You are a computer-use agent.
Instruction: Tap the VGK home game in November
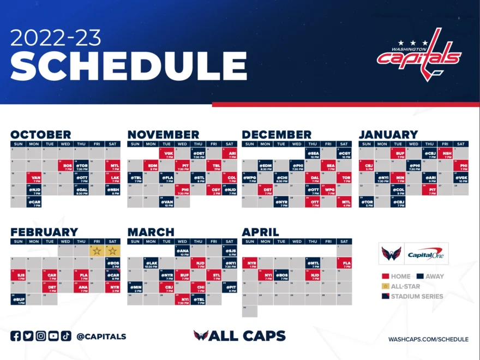coord(167,153)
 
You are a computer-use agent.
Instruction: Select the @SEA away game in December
coord(313,153)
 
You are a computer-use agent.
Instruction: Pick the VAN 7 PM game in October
coord(34,178)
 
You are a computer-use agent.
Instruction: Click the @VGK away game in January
coord(461,178)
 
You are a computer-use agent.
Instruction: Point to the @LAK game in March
coord(151,263)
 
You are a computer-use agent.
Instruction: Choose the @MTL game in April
coord(313,263)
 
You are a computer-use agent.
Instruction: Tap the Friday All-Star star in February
coord(97,251)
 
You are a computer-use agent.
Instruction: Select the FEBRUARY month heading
coord(44,232)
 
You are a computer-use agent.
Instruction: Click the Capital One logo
coord(425,254)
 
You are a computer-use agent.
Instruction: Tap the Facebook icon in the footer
coord(16,336)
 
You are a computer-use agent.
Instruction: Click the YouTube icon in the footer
coord(53,336)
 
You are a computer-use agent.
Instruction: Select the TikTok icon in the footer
coord(66,336)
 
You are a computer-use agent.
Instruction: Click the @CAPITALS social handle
coord(101,337)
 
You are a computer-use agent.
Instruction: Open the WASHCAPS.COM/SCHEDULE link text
coord(428,339)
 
